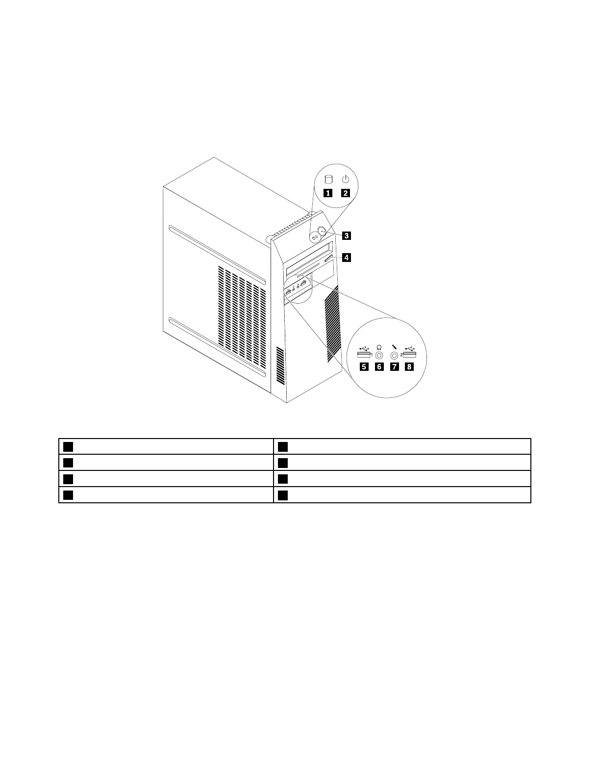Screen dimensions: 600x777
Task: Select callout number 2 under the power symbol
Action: pos(346,192)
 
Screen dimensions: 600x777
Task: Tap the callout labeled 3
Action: pos(346,235)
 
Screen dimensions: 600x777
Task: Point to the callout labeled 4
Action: pos(346,257)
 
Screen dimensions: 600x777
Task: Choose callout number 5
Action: pos(363,366)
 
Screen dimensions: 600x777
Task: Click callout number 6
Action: pos(379,366)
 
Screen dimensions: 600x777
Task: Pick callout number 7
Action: pos(394,366)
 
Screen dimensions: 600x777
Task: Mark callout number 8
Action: pos(409,366)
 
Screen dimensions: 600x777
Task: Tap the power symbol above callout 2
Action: pos(346,179)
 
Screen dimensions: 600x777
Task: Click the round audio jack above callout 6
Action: pos(379,355)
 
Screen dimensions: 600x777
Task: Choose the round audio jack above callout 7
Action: pos(394,355)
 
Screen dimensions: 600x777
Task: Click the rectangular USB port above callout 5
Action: pos(363,355)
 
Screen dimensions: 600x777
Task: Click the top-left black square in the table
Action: pos(68,446)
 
